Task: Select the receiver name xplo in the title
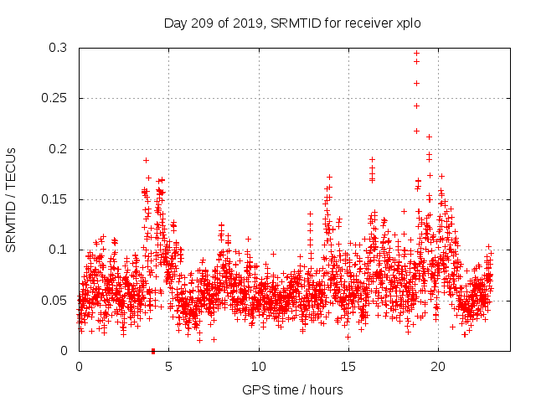406,23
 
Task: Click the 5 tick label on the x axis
168,367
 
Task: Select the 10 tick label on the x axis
259,367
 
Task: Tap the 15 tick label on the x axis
348,367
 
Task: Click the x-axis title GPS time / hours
292,389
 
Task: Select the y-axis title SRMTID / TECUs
11,199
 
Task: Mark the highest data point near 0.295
416,54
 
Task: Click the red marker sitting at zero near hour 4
153,351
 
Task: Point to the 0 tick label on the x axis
79,367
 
